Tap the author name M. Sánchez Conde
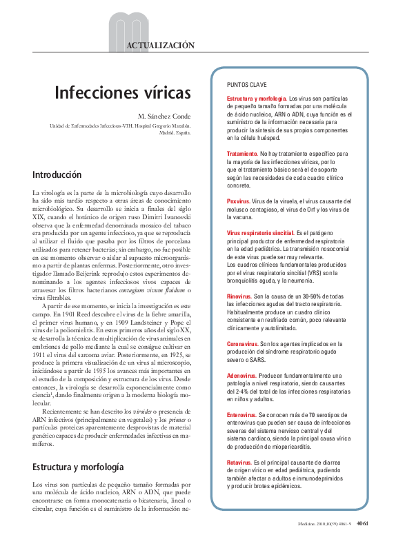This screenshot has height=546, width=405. point(164,115)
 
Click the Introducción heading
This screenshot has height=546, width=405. point(61,174)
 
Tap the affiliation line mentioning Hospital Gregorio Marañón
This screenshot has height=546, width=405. point(122,126)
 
